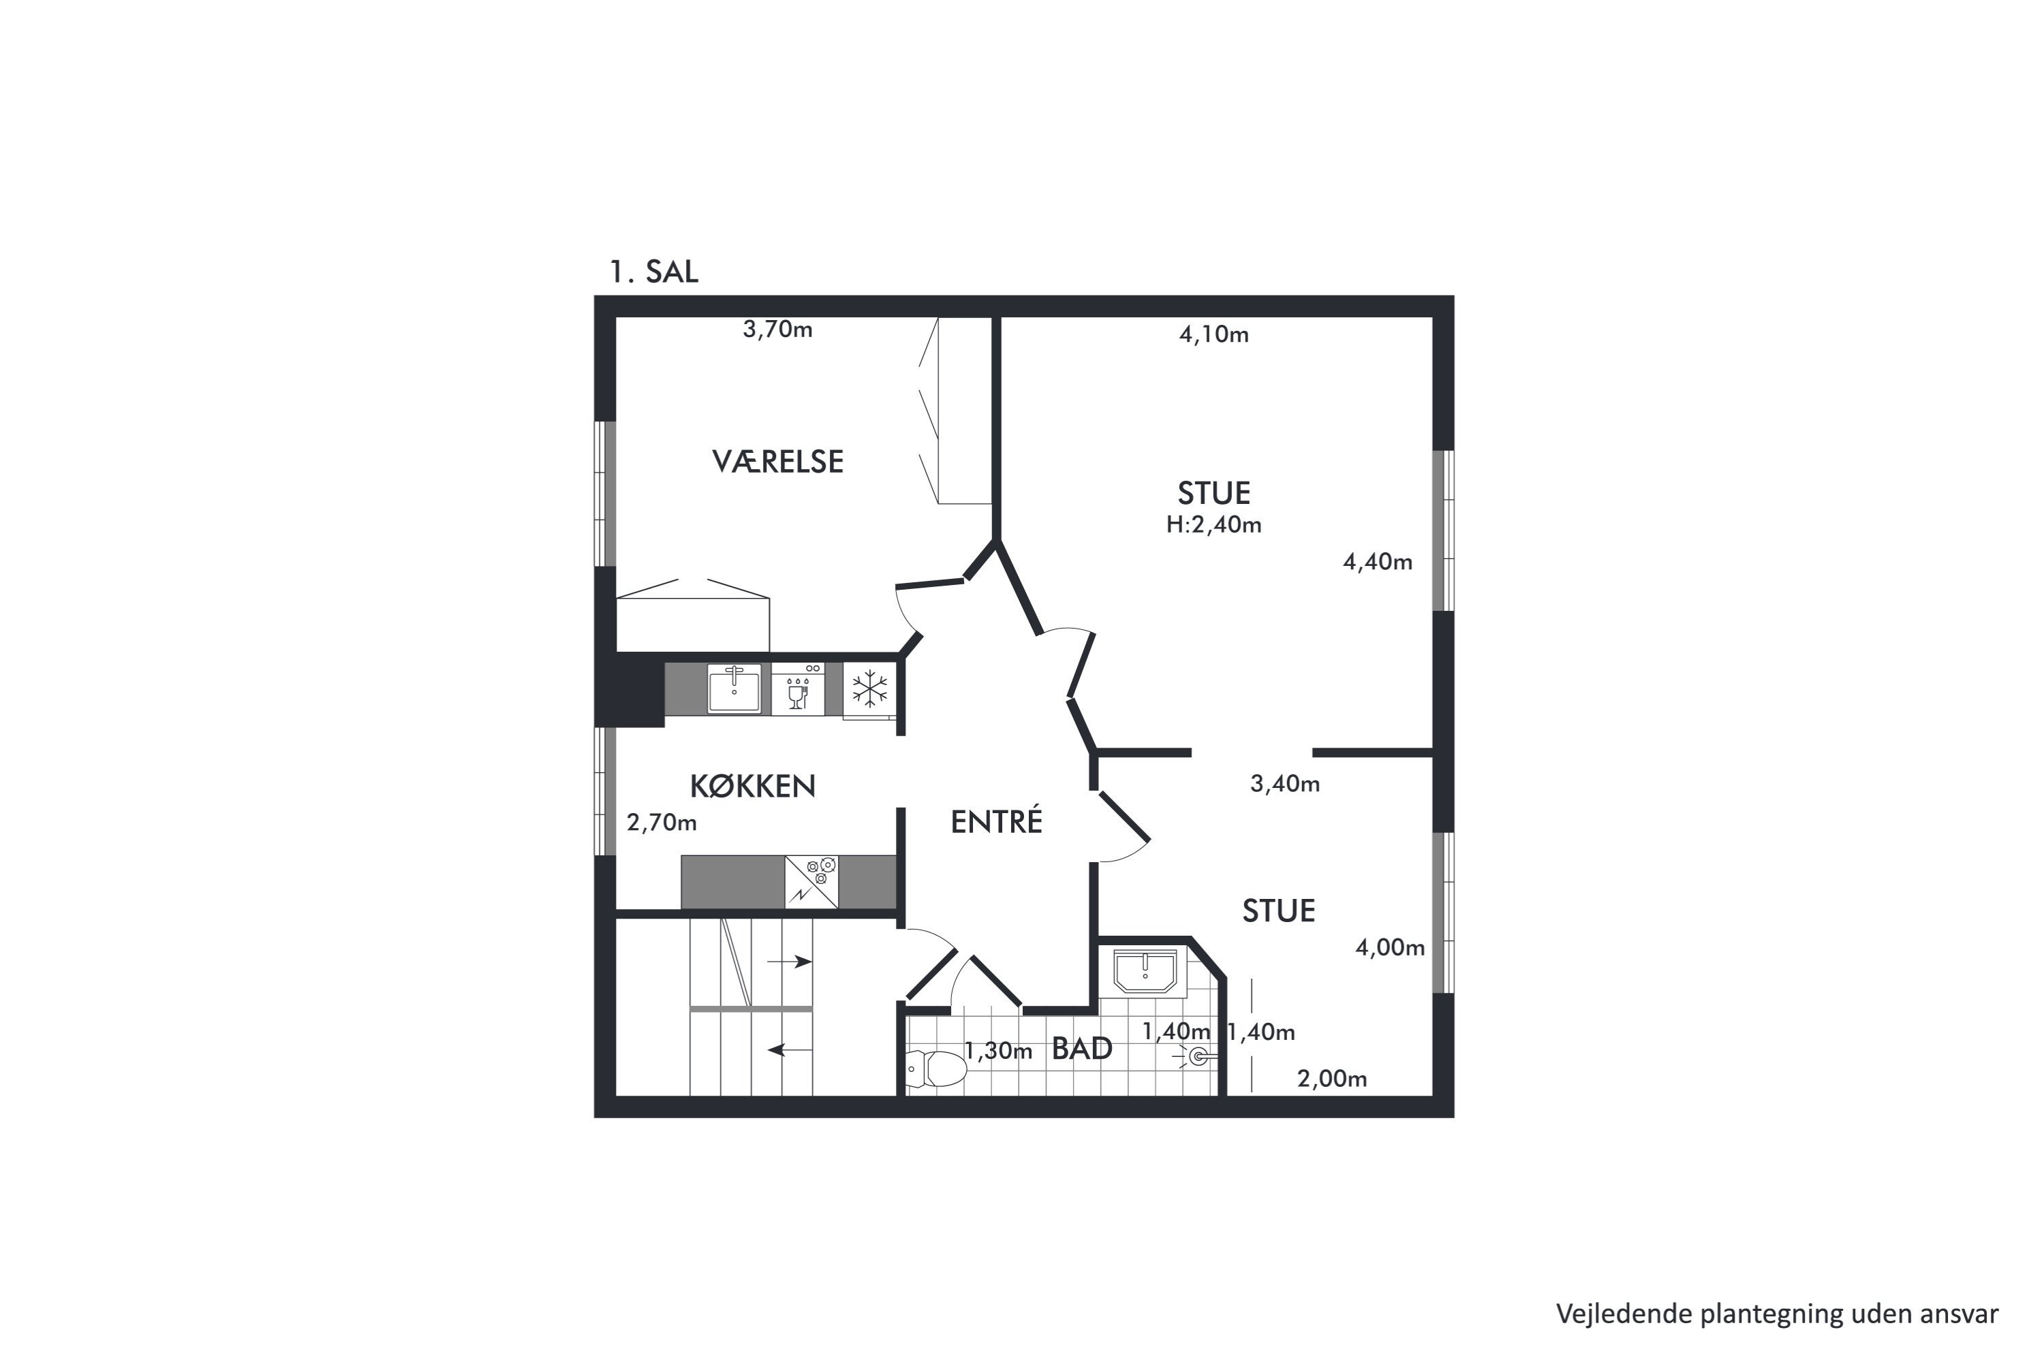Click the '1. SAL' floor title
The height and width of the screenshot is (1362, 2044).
coord(653,272)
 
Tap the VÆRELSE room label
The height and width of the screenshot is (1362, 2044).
coord(778,461)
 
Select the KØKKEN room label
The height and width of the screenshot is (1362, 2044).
coord(753,786)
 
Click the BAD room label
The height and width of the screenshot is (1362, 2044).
coord(1082,1049)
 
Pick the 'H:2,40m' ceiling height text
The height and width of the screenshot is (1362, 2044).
coord(1214,524)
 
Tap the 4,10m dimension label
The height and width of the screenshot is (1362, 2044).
coord(1214,334)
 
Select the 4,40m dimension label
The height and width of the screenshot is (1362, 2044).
coord(1378,562)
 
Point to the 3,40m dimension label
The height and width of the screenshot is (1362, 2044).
coord(1284,784)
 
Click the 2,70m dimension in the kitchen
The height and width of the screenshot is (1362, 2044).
coord(662,823)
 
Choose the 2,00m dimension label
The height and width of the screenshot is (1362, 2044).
coord(1331,1079)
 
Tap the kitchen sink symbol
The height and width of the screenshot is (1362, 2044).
coord(734,688)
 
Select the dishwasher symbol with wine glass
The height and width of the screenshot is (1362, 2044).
coord(798,688)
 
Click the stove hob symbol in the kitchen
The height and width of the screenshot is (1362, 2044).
coord(811,883)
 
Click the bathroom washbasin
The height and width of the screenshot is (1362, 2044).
coord(1145,970)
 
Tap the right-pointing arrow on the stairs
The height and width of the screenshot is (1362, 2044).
coord(789,962)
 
